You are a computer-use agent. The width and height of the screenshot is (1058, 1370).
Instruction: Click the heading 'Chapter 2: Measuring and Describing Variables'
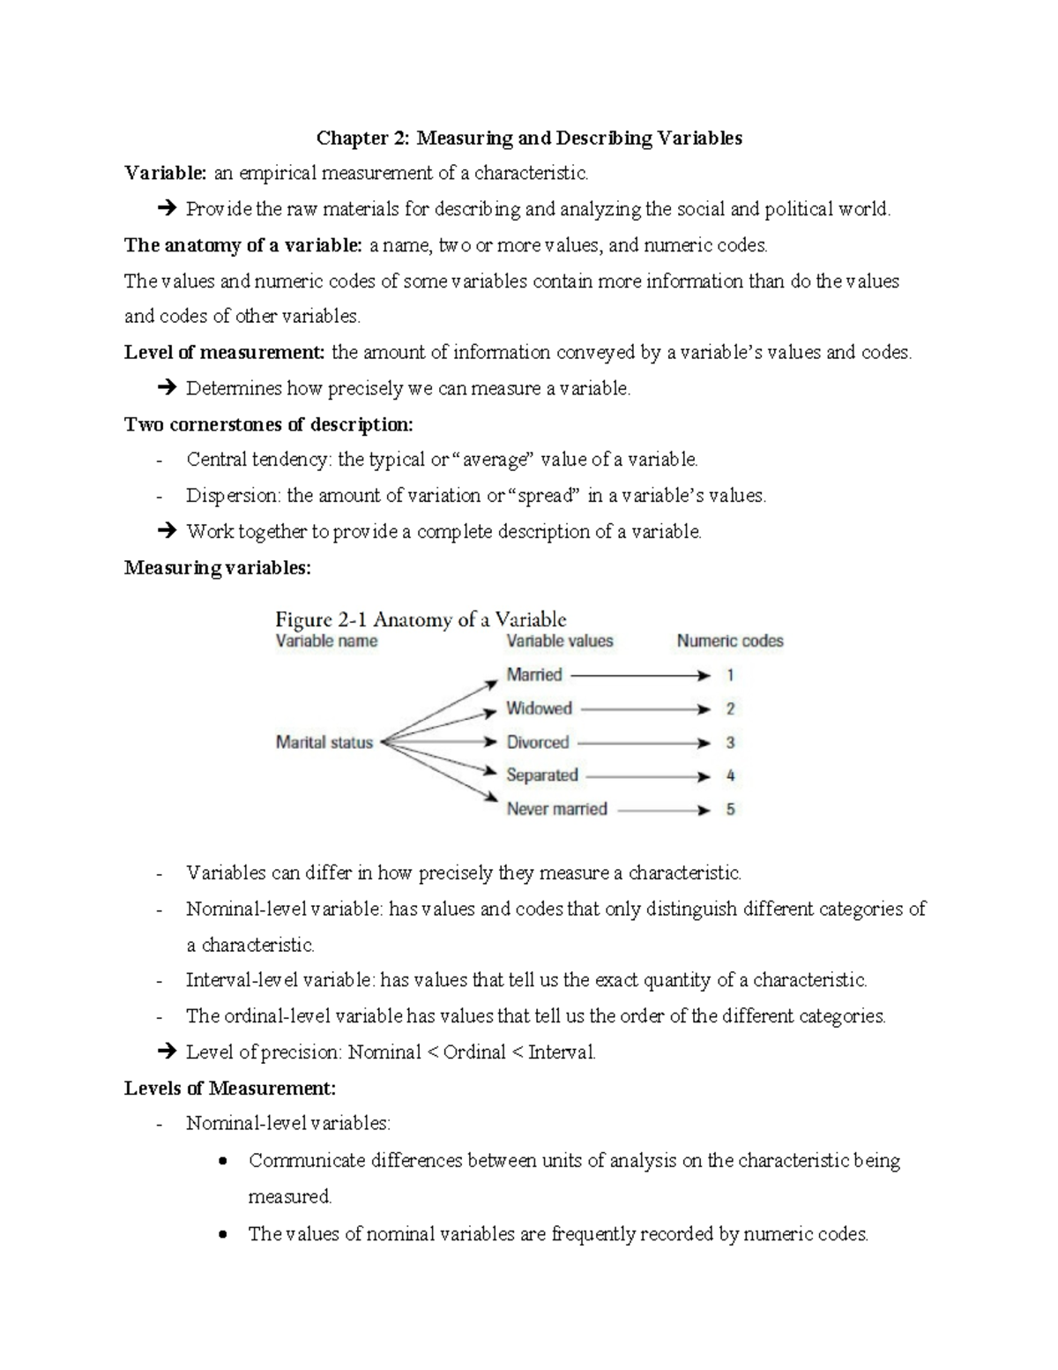tap(529, 138)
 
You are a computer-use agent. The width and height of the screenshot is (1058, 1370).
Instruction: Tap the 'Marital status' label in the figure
tap(324, 743)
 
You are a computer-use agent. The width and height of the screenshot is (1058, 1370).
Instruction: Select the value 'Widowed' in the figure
tap(539, 708)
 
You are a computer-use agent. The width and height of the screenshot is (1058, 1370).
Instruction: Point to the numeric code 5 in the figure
tap(730, 809)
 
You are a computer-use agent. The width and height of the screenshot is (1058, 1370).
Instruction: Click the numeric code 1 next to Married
tap(730, 676)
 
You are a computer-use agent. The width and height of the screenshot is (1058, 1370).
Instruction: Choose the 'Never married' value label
tap(556, 809)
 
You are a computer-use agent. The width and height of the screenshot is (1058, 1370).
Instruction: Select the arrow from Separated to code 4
tap(648, 776)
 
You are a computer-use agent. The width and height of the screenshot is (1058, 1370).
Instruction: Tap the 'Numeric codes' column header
tap(730, 641)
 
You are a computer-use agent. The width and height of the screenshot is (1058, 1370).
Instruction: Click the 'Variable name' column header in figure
tap(326, 641)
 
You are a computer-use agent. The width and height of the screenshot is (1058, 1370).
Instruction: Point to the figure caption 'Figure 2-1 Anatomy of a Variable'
tap(421, 619)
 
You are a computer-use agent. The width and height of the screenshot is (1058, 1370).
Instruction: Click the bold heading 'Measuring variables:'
tap(218, 568)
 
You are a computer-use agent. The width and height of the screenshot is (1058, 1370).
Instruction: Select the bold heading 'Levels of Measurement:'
tap(230, 1089)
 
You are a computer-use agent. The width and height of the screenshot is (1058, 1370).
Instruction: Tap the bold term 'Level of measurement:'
tap(225, 353)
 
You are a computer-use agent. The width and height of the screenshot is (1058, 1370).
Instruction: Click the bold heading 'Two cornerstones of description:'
tap(268, 424)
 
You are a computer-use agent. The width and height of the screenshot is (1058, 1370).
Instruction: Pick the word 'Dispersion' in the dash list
tap(231, 496)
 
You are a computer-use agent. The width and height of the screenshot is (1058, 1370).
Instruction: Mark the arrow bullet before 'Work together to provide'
tap(166, 532)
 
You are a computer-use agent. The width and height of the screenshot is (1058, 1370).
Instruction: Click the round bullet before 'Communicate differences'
tap(223, 1160)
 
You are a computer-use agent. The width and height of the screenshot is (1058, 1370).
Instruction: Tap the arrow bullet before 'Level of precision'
tap(166, 1052)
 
